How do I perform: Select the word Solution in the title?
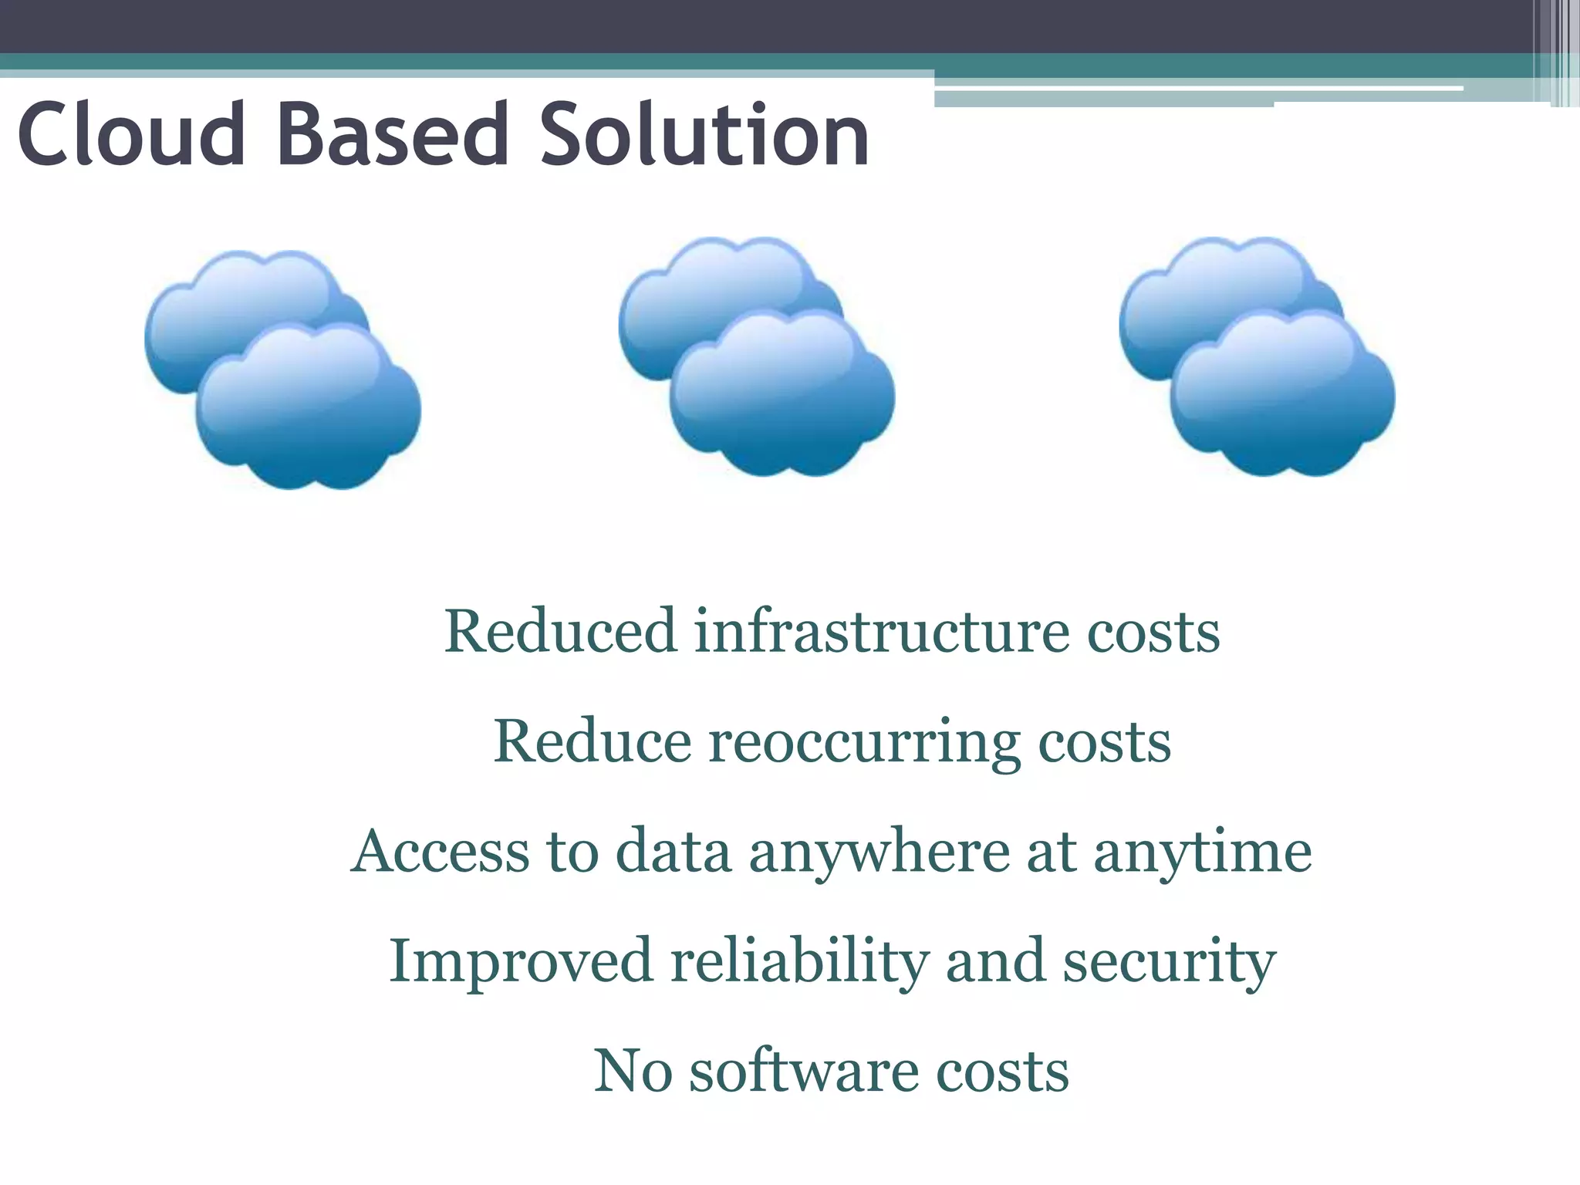(704, 135)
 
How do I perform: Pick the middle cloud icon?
(757, 356)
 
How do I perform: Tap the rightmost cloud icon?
(1257, 356)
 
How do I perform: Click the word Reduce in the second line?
(592, 741)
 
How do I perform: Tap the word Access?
(441, 851)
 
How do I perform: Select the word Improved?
(521, 961)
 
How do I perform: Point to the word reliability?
(799, 961)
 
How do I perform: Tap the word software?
(803, 1071)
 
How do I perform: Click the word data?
(674, 851)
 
